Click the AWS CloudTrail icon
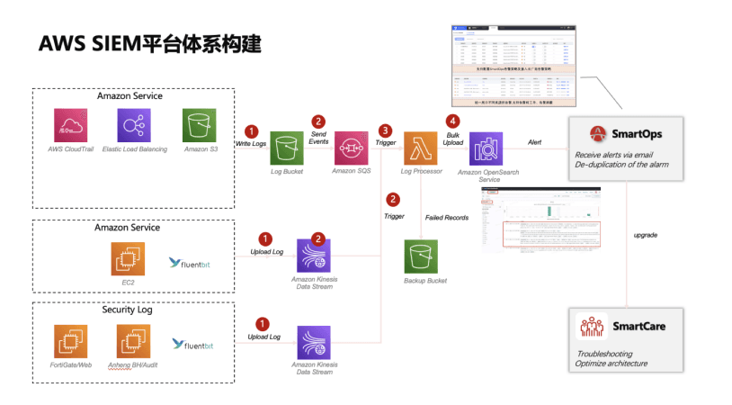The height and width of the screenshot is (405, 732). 67,124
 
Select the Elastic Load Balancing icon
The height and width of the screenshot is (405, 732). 133,124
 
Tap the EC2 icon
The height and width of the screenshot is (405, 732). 127,259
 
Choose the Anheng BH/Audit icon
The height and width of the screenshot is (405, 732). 133,341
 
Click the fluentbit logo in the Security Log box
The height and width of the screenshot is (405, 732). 192,344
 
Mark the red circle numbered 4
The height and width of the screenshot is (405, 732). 453,121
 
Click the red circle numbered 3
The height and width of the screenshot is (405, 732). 386,130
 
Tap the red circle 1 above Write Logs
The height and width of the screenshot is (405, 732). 252,130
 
